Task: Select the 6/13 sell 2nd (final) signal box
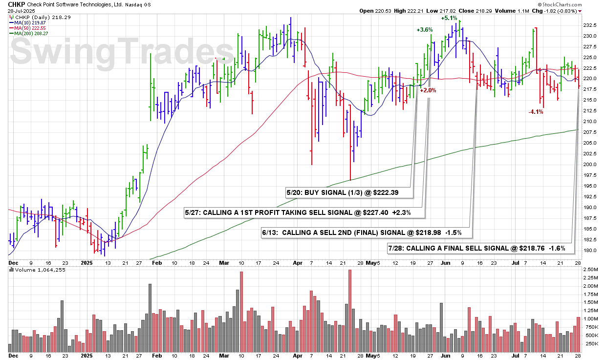tap(364, 233)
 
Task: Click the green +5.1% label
tap(449, 18)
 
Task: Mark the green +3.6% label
tap(425, 30)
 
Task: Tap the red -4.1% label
tap(536, 112)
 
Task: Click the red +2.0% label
tap(428, 90)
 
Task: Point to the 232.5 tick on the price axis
tap(589, 25)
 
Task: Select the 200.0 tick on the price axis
tap(589, 165)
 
